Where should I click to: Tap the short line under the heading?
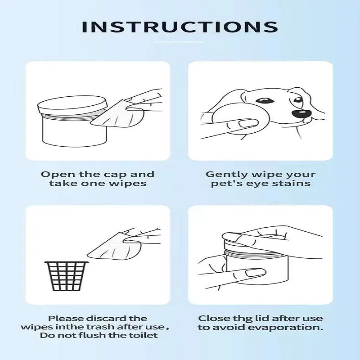179,42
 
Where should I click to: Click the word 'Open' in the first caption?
55,174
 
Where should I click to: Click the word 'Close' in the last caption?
213,318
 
